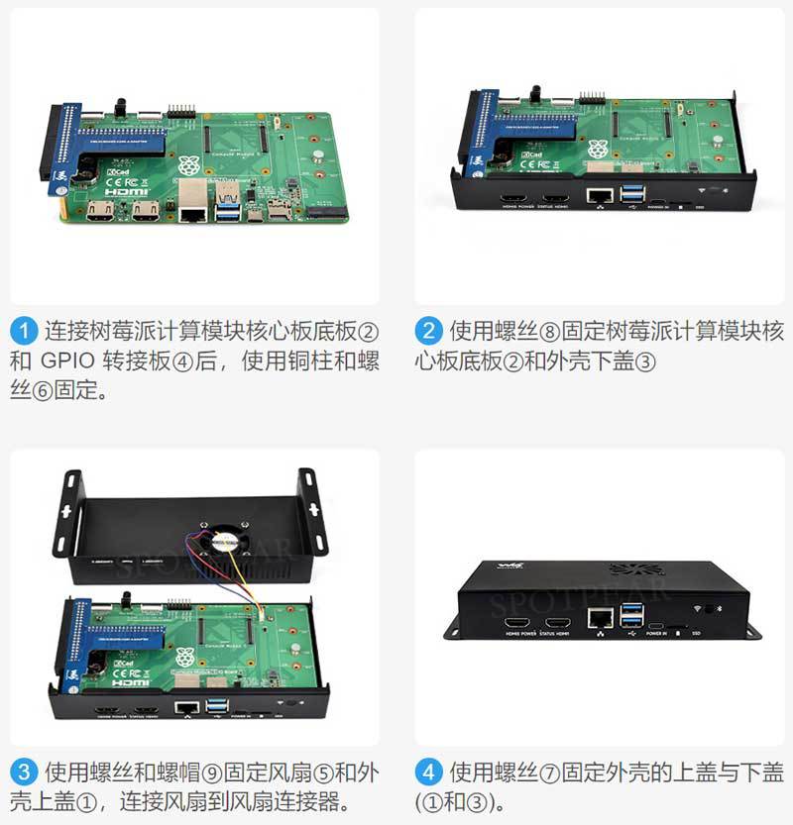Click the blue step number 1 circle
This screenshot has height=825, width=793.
click(24, 330)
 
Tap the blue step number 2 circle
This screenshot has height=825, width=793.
click(427, 330)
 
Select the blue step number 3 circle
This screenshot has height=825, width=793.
click(24, 771)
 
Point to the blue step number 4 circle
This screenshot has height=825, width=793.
click(427, 771)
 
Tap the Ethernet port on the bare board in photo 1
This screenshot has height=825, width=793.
click(192, 209)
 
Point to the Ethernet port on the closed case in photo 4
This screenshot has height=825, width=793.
click(598, 618)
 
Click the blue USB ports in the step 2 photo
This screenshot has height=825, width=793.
click(632, 195)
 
